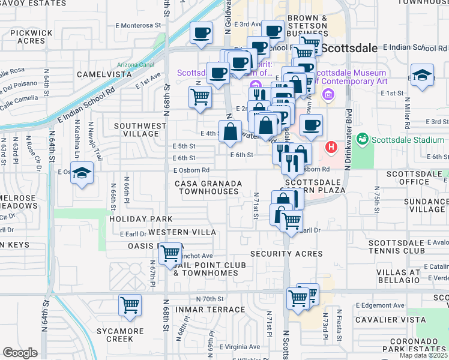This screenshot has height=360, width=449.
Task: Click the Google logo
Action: (20, 353)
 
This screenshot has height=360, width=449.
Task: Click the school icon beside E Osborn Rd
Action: (82, 174)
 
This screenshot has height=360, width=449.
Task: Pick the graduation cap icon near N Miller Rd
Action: (422, 76)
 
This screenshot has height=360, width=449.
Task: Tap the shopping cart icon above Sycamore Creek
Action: (130, 306)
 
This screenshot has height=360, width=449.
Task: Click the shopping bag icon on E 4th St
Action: (231, 132)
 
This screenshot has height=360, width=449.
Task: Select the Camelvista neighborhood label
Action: (104, 74)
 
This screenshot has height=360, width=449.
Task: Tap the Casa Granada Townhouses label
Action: (208, 187)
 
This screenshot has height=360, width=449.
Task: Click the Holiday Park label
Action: (140, 219)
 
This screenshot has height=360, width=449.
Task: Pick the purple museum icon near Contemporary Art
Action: (328, 95)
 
